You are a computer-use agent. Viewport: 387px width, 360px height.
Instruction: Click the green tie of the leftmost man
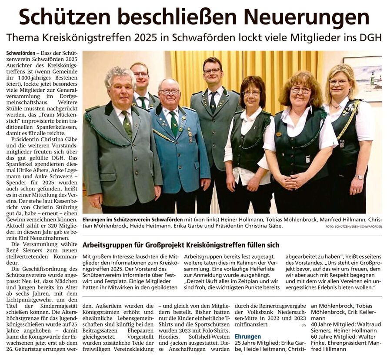tap(127, 124)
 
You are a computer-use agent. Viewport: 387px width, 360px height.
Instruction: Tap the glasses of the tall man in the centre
tap(212, 71)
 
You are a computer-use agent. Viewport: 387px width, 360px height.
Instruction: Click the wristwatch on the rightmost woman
tap(359, 177)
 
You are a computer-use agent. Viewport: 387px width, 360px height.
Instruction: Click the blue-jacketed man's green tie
tap(173, 123)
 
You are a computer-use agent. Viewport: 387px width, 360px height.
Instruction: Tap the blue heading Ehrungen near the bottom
tap(247, 336)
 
